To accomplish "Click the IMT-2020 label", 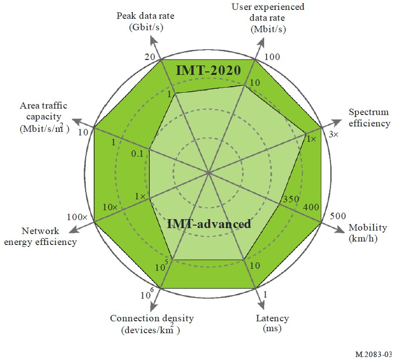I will [208, 70].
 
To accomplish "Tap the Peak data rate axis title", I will [145, 21].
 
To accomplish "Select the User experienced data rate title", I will [268, 18].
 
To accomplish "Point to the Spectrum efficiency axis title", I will [369, 118].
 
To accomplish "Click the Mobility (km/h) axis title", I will [368, 232].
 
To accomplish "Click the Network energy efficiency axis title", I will [49, 237].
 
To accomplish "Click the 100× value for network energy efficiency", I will [77, 217].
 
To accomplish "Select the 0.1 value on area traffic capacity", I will [137, 153].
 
